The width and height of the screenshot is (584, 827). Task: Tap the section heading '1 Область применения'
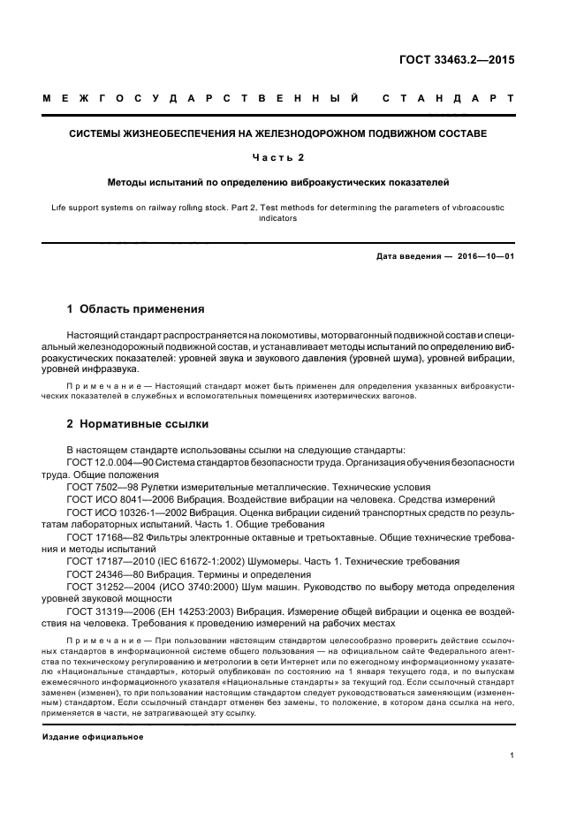(136, 309)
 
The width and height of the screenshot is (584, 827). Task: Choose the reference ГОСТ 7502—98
(105, 486)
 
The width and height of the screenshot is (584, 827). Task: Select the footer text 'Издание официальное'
(93, 736)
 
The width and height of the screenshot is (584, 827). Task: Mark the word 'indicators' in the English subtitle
(292, 220)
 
